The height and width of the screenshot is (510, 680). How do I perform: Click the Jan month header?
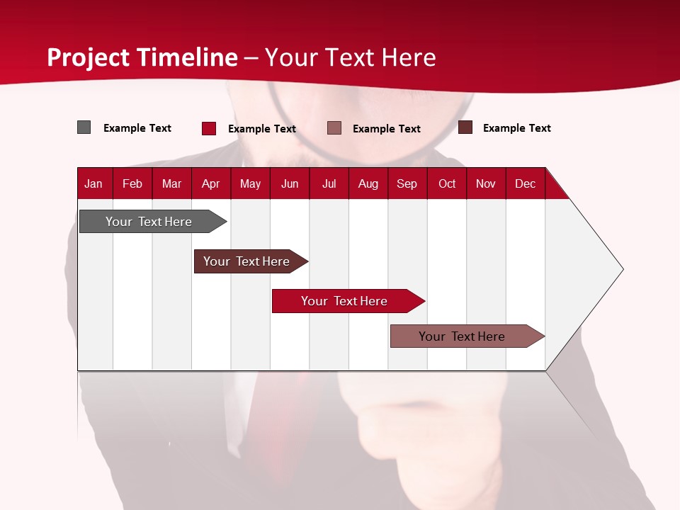pyautogui.click(x=93, y=183)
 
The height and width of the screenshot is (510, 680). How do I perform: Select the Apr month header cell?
pyautogui.click(x=210, y=183)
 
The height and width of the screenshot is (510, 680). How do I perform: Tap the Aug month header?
pyautogui.click(x=368, y=183)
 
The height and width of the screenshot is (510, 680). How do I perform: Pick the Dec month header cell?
pyautogui.click(x=525, y=183)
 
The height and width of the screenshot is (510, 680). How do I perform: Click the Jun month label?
pyautogui.click(x=289, y=183)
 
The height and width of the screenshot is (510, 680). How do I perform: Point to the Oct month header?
pyautogui.click(x=446, y=183)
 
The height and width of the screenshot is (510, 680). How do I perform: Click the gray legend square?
pyautogui.click(x=84, y=127)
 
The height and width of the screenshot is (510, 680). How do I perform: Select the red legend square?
pyautogui.click(x=208, y=128)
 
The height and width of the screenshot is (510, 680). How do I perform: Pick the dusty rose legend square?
pyautogui.click(x=334, y=128)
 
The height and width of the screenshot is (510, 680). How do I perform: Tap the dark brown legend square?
pyautogui.click(x=465, y=127)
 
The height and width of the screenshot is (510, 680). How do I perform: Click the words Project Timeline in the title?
pyautogui.click(x=142, y=57)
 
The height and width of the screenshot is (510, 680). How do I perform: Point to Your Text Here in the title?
pyautogui.click(x=350, y=57)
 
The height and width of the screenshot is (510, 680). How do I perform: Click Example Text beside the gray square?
pyautogui.click(x=137, y=128)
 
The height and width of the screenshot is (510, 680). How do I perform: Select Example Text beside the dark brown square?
pyautogui.click(x=516, y=128)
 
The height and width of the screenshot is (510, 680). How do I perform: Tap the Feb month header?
pyautogui.click(x=132, y=183)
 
